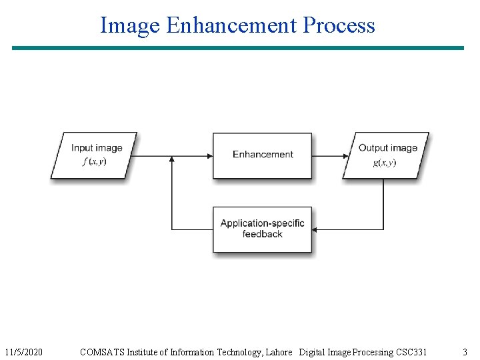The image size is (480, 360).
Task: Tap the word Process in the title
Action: (x=339, y=25)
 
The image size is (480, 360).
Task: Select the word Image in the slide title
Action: (x=130, y=25)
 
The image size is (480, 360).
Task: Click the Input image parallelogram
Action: (x=94, y=155)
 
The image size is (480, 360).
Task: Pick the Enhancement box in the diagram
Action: (x=263, y=155)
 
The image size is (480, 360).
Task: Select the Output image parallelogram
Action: (x=386, y=155)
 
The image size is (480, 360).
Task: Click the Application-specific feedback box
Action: (x=263, y=229)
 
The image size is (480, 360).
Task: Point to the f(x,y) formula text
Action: (x=94, y=162)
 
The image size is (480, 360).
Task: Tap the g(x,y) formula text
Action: (x=384, y=163)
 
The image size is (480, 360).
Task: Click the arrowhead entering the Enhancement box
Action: (x=209, y=156)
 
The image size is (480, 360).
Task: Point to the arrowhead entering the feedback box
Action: (x=317, y=229)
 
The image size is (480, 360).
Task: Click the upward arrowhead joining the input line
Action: (x=172, y=160)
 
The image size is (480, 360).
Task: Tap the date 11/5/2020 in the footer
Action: (x=23, y=352)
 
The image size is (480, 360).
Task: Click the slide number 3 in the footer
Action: (x=465, y=352)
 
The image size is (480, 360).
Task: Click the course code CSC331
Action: (x=411, y=352)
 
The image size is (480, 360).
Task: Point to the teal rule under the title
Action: (x=238, y=48)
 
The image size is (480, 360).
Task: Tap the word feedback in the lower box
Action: (x=263, y=235)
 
